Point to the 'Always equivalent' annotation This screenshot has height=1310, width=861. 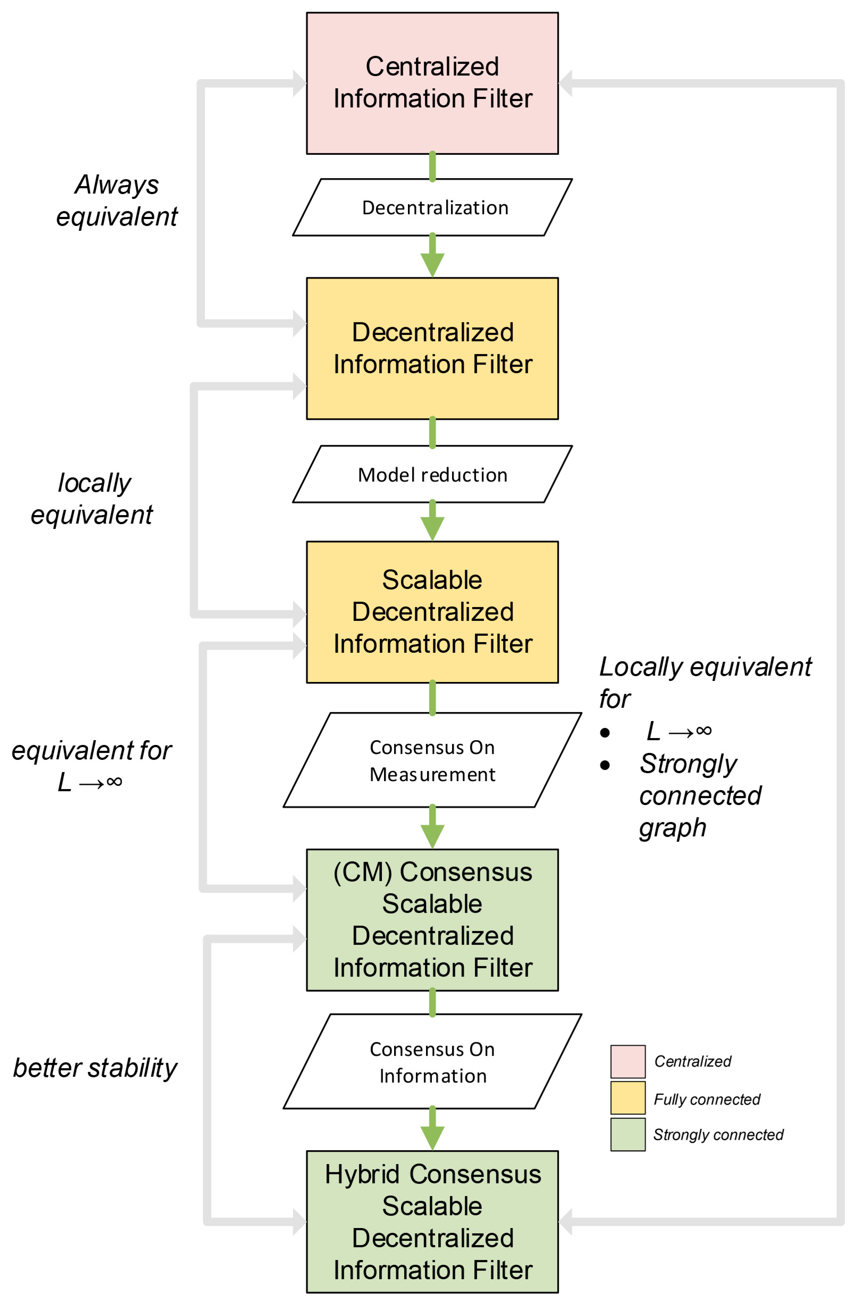[117, 200]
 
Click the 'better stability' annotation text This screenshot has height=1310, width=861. [95, 1068]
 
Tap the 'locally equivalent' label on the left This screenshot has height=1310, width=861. [92, 499]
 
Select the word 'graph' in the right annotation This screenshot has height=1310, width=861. [672, 827]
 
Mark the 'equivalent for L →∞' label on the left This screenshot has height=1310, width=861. [91, 766]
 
